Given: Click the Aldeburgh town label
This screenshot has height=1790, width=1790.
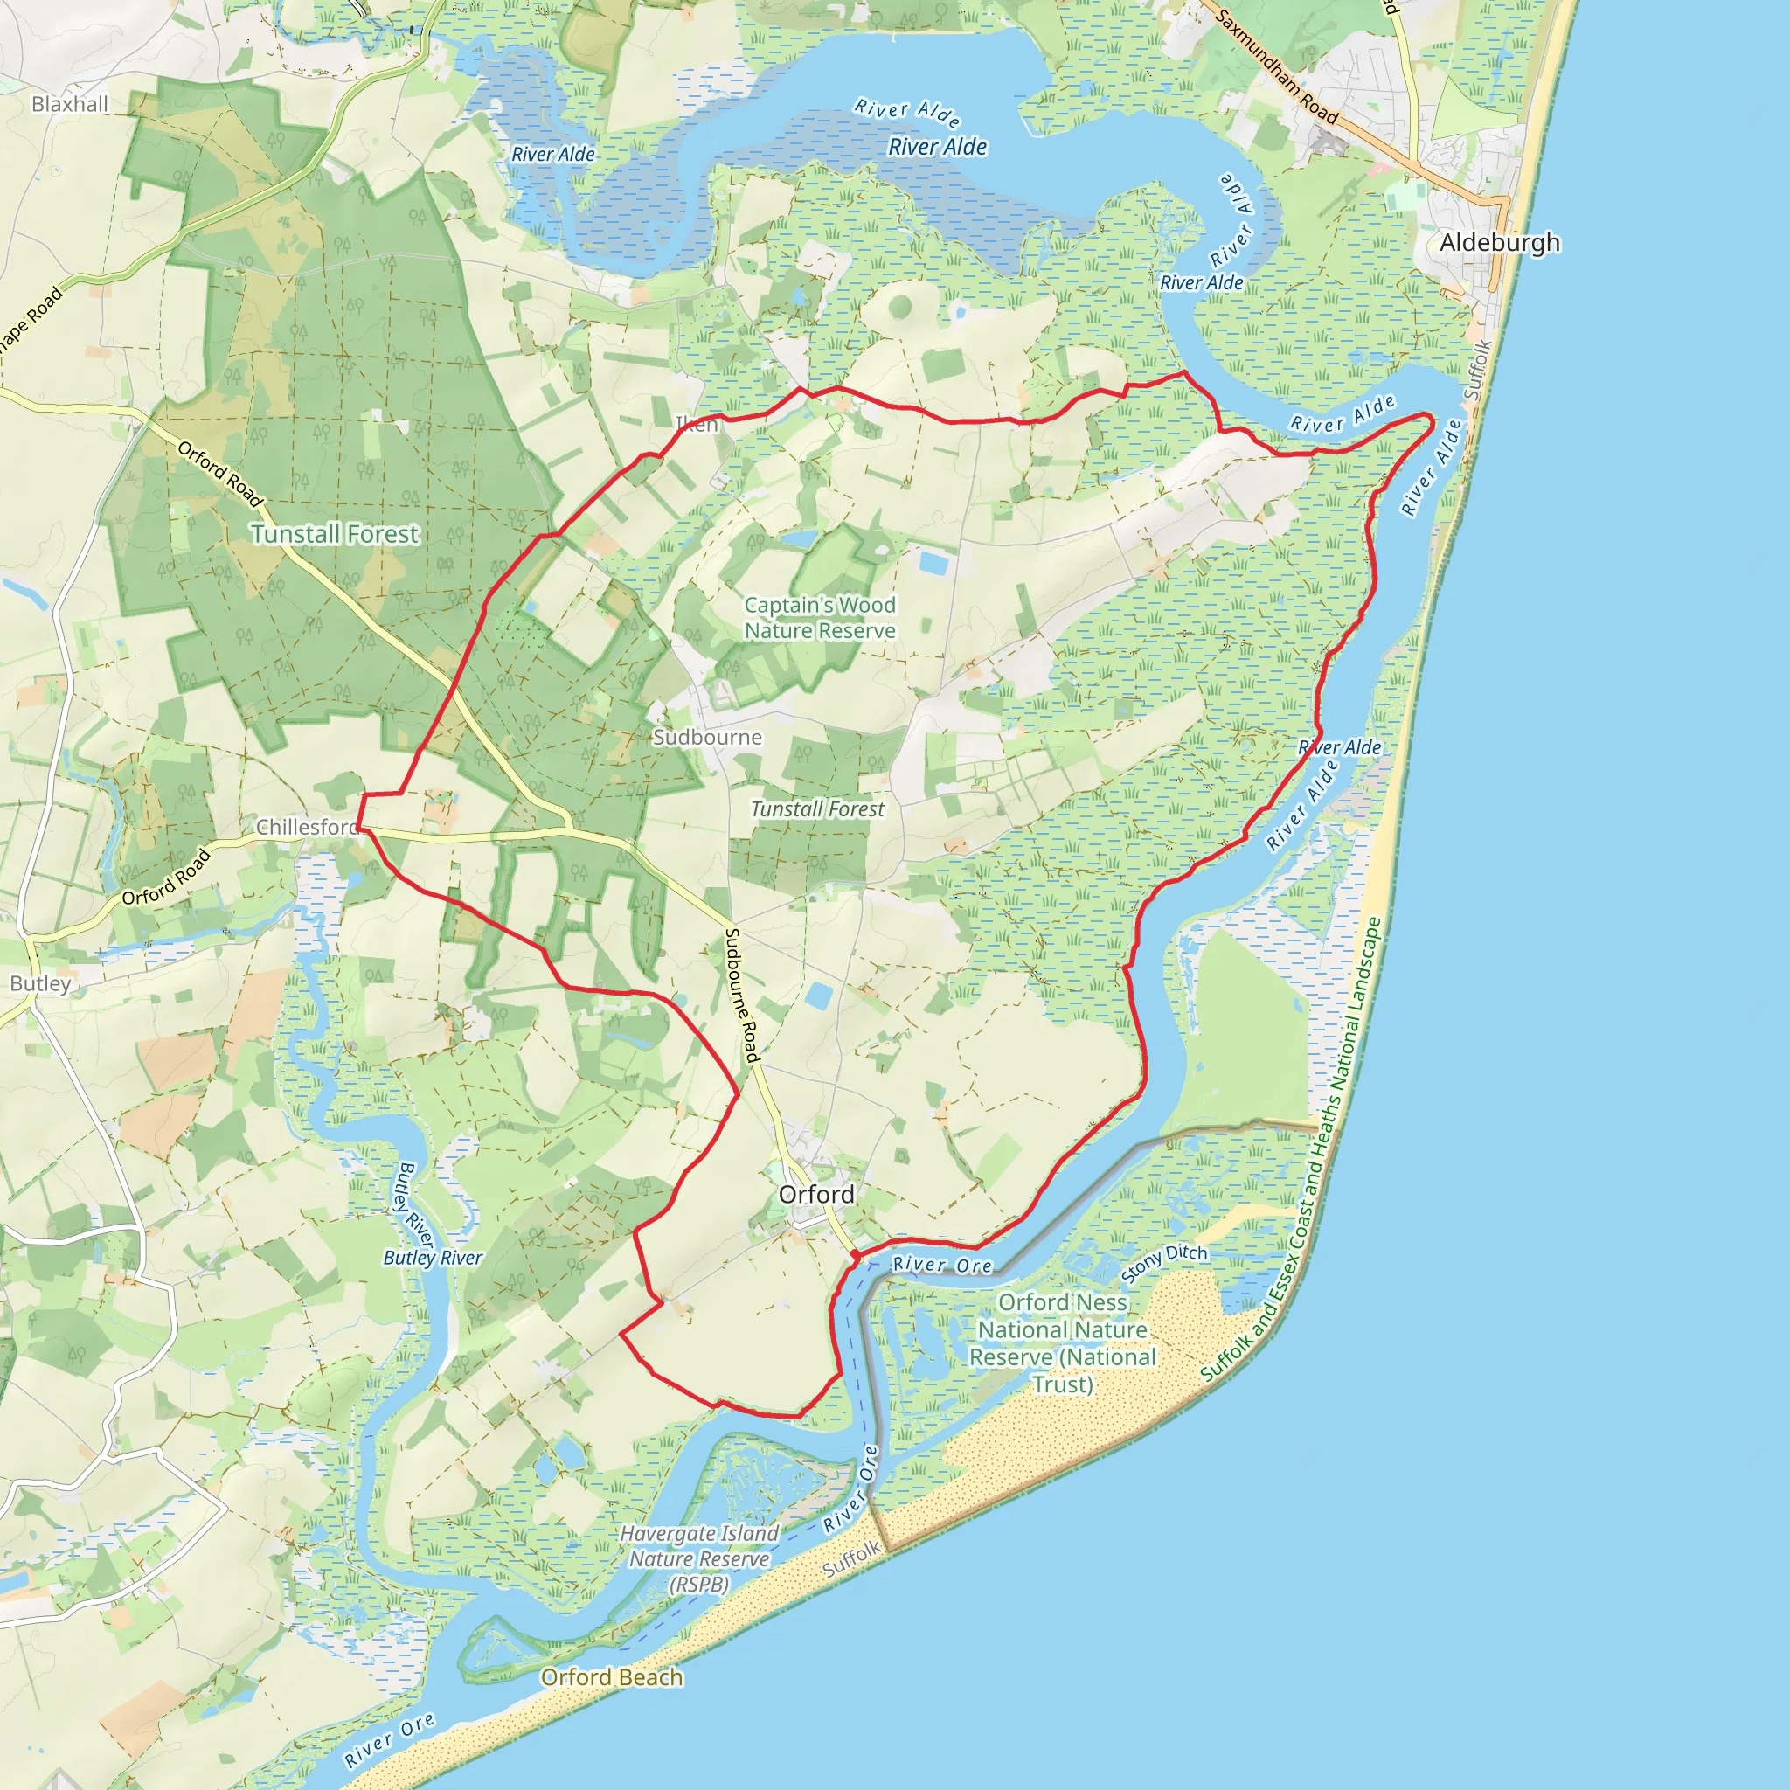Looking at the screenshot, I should pyautogui.click(x=1499, y=243).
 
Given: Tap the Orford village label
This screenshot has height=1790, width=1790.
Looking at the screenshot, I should pyautogui.click(x=816, y=1194).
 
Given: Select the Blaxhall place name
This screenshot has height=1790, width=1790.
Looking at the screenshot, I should pyautogui.click(x=70, y=104).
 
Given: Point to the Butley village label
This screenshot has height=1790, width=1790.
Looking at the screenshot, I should pyautogui.click(x=40, y=983).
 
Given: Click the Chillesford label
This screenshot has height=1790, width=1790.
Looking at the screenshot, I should pyautogui.click(x=307, y=827).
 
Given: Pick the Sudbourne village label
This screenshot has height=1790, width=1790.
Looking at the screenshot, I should pyautogui.click(x=707, y=737).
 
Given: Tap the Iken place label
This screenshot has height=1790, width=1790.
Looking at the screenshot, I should pyautogui.click(x=697, y=424).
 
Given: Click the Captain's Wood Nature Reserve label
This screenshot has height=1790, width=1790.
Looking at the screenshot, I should pyautogui.click(x=820, y=617).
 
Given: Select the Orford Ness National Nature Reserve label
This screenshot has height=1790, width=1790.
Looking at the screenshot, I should pyautogui.click(x=1062, y=1342).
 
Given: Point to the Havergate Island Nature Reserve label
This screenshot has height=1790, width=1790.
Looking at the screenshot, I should pyautogui.click(x=699, y=1558).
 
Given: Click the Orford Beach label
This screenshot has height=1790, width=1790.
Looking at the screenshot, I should pyautogui.click(x=612, y=1677).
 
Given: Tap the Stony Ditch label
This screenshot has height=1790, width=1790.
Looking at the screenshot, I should pyautogui.click(x=1163, y=1263).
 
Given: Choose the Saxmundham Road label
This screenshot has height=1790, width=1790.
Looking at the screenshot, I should pyautogui.click(x=1276, y=66).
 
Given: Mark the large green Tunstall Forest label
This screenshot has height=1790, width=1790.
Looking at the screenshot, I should pyautogui.click(x=335, y=534).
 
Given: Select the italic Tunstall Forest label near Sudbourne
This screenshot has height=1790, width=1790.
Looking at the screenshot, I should pyautogui.click(x=817, y=808).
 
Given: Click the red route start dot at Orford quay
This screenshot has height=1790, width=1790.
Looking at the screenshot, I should pyautogui.click(x=854, y=1254).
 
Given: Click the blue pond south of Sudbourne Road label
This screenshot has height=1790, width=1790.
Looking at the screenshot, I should pyautogui.click(x=819, y=996).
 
